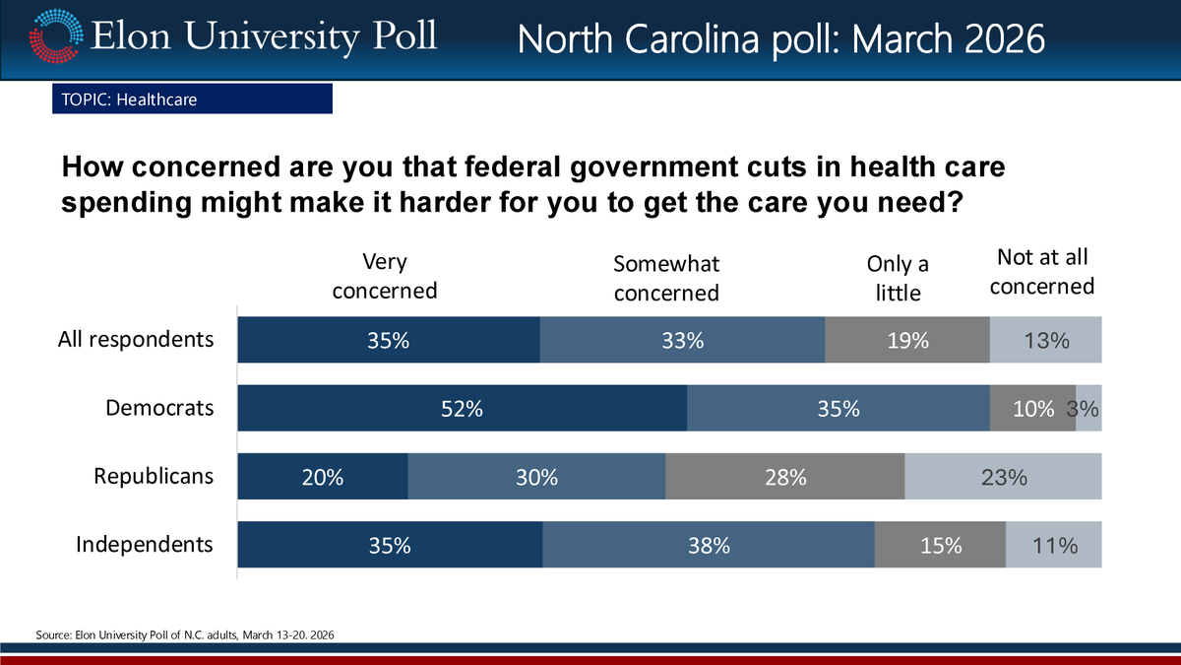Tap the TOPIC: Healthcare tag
pos(192,100)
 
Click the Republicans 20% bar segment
pos(323,478)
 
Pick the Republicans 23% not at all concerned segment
pos(1003,478)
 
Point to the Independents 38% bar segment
pos(709,546)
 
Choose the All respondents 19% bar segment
pos(906,341)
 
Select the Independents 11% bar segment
pos(1054,546)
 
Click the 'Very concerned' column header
pos(385,276)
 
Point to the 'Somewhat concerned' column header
pos(666,278)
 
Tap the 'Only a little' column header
pos(897,278)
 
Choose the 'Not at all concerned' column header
pos(1042,272)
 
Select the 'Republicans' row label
pos(154,476)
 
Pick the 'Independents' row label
pos(145,544)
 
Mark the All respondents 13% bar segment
pos(1045,341)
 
